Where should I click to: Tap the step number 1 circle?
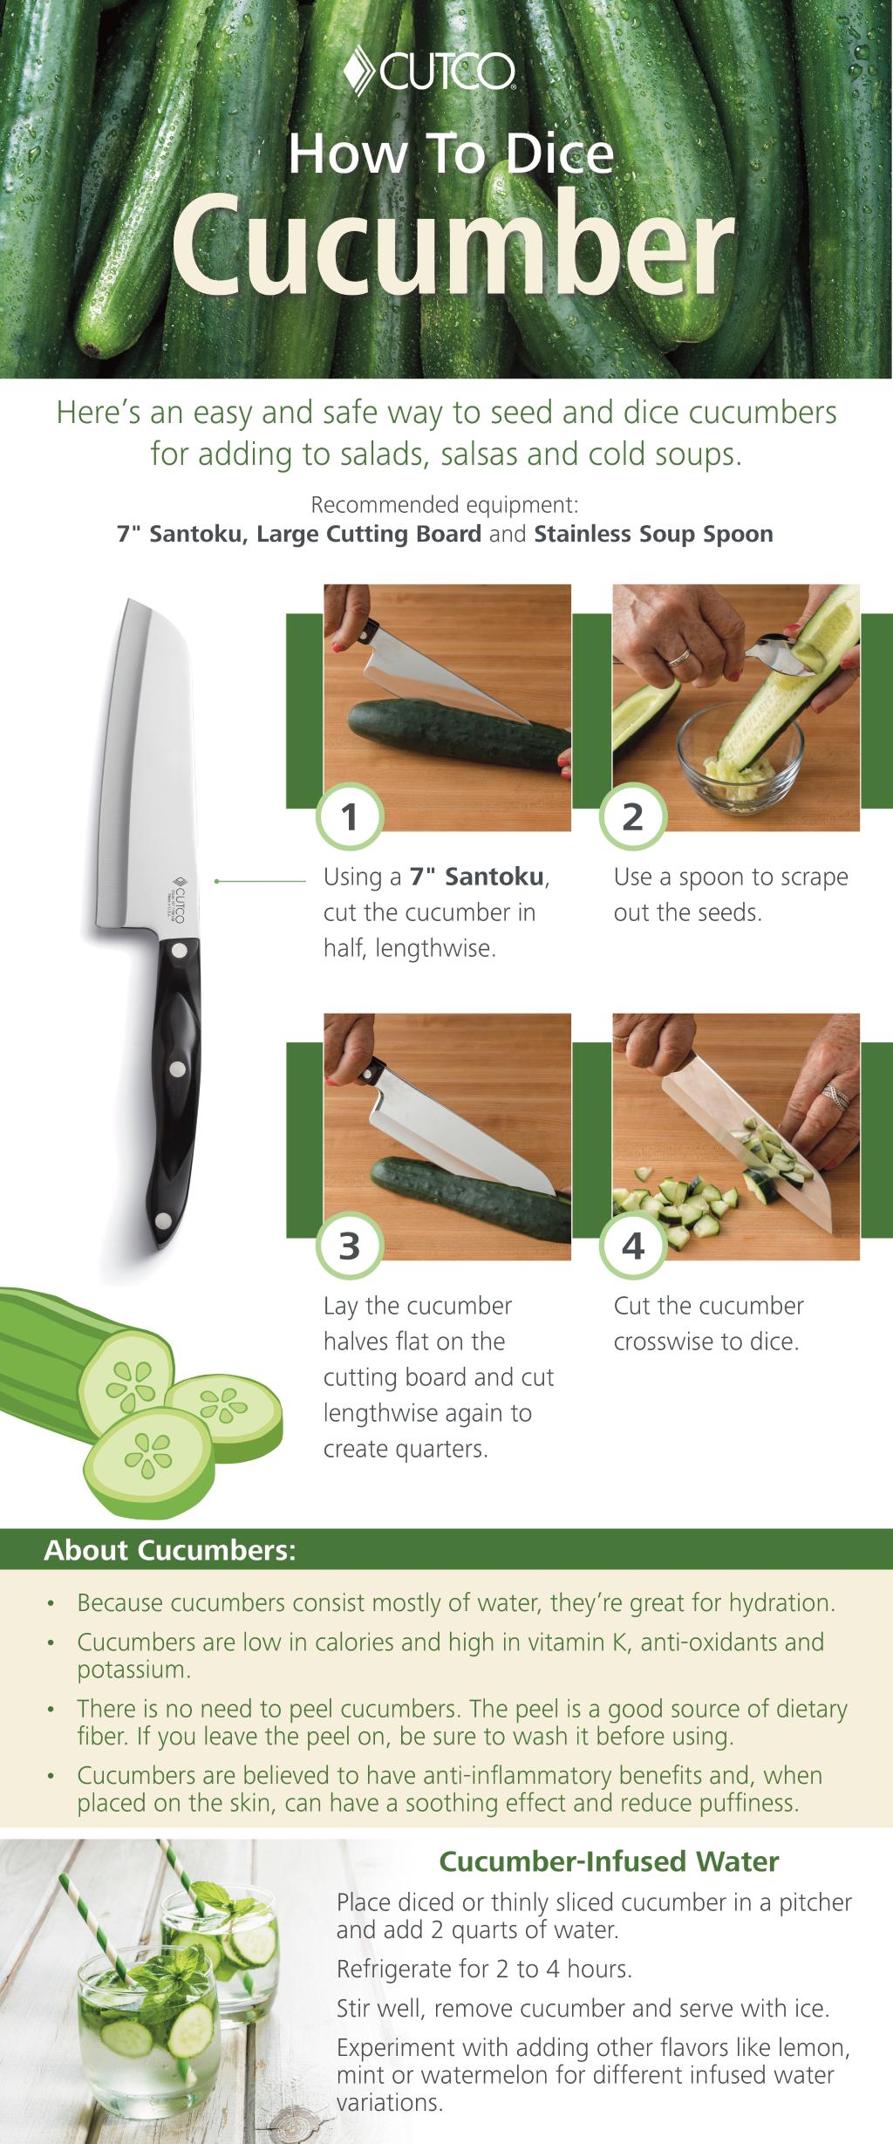pyautogui.click(x=349, y=817)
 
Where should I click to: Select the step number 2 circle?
pyautogui.click(x=633, y=817)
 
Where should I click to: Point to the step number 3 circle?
pyautogui.click(x=349, y=1246)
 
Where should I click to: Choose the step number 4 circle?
pyautogui.click(x=633, y=1246)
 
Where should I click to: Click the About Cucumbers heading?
pyautogui.click(x=170, y=1550)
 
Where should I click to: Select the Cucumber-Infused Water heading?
pyautogui.click(x=609, y=1861)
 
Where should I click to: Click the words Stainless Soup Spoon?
pyautogui.click(x=653, y=534)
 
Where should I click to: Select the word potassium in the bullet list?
pyautogui.click(x=132, y=1670)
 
